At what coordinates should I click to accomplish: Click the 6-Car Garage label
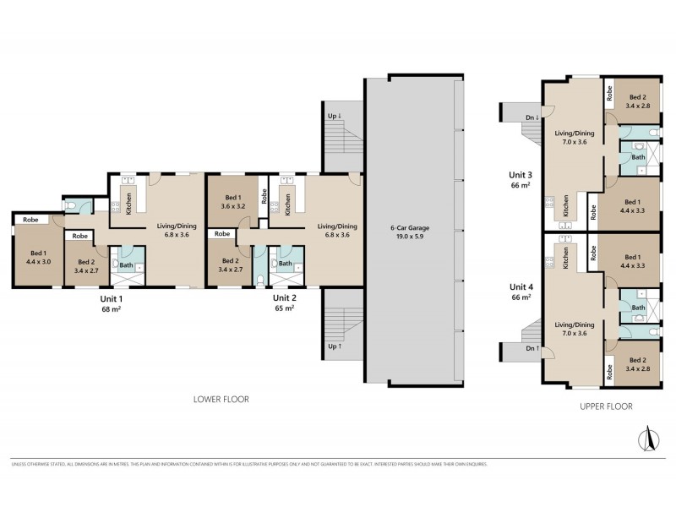pos(408,232)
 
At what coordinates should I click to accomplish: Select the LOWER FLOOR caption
pos(221,399)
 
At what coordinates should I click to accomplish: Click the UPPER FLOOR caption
pos(606,406)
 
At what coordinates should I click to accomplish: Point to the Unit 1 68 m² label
pos(112,303)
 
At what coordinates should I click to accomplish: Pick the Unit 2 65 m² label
pos(284,303)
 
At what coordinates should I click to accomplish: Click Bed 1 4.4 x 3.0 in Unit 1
pos(39,257)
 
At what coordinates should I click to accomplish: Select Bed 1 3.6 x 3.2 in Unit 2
pos(232,200)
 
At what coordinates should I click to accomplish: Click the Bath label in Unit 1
pos(126,265)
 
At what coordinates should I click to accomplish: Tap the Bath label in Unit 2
pos(286,264)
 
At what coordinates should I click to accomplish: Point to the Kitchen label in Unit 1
pos(128,203)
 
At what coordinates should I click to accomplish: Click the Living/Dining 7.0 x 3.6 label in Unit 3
pos(575,138)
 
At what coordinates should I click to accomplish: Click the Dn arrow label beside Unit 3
pos(532,117)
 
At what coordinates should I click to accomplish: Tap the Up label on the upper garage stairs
pos(333,116)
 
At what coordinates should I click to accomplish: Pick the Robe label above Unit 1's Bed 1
pos(30,219)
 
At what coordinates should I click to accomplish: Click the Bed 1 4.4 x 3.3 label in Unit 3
pos(632,207)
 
